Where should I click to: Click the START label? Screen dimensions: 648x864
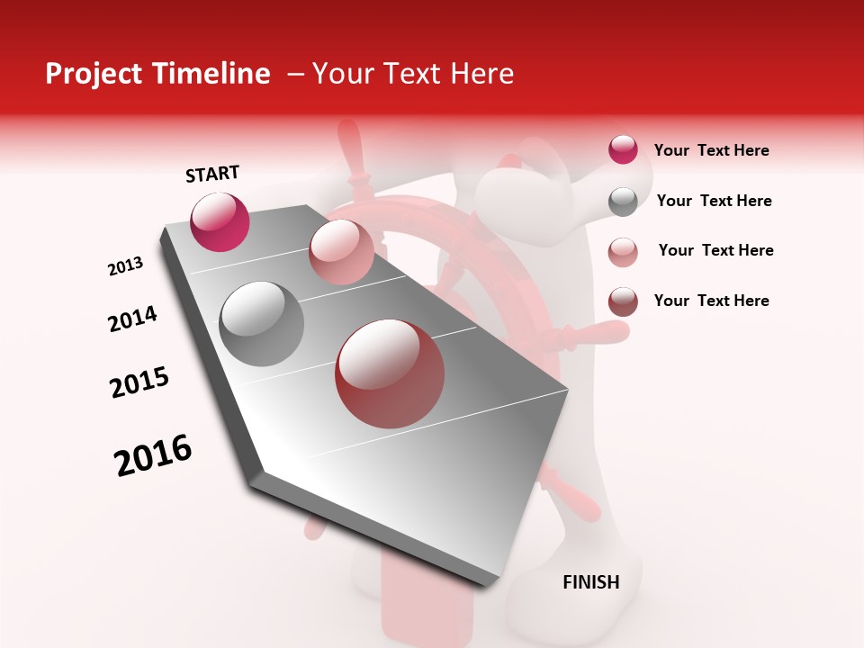pyautogui.click(x=212, y=174)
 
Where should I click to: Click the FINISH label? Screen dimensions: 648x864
pyautogui.click(x=590, y=582)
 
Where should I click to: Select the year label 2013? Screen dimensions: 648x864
pyautogui.click(x=125, y=266)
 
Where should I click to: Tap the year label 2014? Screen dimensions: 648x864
pyautogui.click(x=132, y=319)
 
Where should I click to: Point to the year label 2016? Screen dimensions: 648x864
pyautogui.click(x=153, y=455)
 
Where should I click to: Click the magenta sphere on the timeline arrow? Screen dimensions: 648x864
pyautogui.click(x=220, y=221)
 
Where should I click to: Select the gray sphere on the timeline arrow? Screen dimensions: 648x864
pyautogui.click(x=262, y=324)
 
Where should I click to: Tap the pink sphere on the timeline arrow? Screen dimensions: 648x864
pyautogui.click(x=341, y=252)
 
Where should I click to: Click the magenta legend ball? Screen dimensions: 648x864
pyautogui.click(x=623, y=149)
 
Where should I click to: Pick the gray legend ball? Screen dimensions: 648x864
pyautogui.click(x=623, y=201)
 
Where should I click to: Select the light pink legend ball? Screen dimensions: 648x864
pyautogui.click(x=623, y=251)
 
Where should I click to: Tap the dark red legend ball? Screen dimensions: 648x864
pyautogui.click(x=623, y=301)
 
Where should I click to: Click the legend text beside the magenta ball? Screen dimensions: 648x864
pyautogui.click(x=711, y=150)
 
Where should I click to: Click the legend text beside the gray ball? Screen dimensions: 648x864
pyautogui.click(x=714, y=201)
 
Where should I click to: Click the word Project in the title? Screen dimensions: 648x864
pyautogui.click(x=94, y=74)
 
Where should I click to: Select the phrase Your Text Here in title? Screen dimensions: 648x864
pyautogui.click(x=412, y=74)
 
